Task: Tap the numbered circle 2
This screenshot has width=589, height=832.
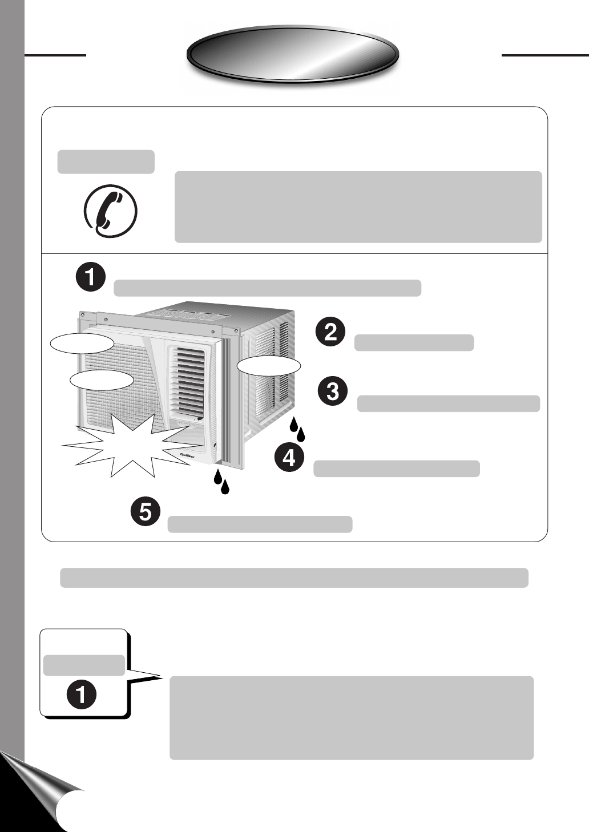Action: tap(331, 333)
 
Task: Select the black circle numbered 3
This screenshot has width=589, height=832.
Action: tap(333, 392)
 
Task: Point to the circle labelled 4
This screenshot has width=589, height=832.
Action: tap(289, 458)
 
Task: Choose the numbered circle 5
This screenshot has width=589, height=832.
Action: tap(146, 512)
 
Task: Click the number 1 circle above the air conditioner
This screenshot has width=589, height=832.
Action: tap(90, 278)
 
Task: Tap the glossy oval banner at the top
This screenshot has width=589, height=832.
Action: tap(292, 54)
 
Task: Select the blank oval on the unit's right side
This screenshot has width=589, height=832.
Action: tap(268, 366)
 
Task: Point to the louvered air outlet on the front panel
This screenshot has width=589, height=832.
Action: tap(188, 379)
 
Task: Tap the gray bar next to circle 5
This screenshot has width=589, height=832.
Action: tap(260, 524)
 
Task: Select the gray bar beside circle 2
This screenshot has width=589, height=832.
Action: tap(414, 343)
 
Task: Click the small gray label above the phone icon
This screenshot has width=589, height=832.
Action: tap(106, 162)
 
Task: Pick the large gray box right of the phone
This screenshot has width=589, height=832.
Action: tap(358, 207)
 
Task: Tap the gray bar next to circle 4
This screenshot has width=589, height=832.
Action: tap(397, 468)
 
